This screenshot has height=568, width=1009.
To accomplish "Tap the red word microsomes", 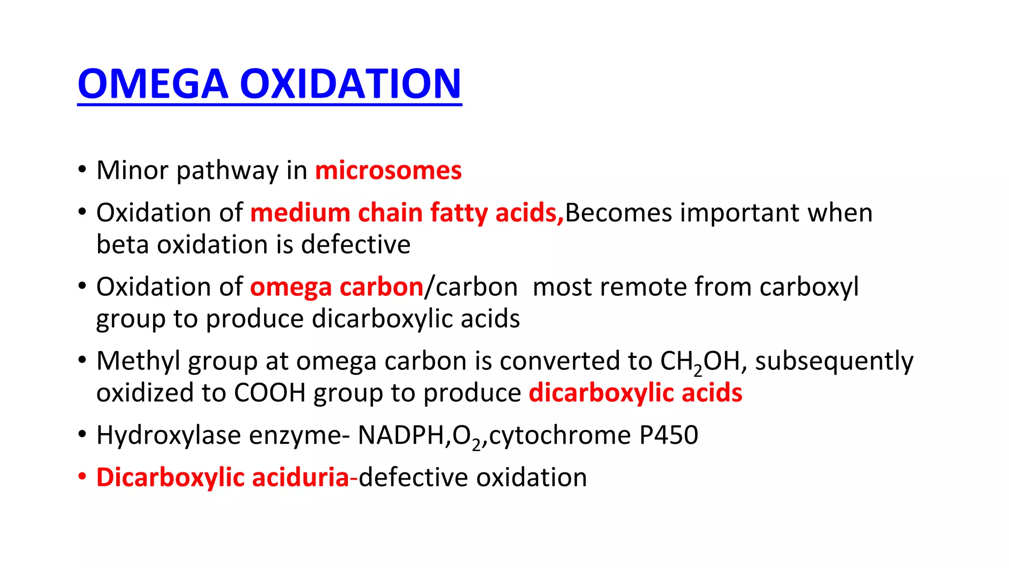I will click(388, 171).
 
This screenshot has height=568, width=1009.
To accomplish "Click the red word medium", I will click(300, 213).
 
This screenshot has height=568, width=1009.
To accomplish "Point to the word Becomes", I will click(618, 213).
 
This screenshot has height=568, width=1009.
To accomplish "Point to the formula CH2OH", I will click(700, 362).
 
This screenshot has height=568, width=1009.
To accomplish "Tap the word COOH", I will click(270, 393).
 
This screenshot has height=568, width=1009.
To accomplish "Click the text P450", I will click(669, 435).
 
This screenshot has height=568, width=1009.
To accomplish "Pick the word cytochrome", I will click(560, 435).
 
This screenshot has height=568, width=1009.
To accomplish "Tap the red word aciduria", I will click(300, 477).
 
